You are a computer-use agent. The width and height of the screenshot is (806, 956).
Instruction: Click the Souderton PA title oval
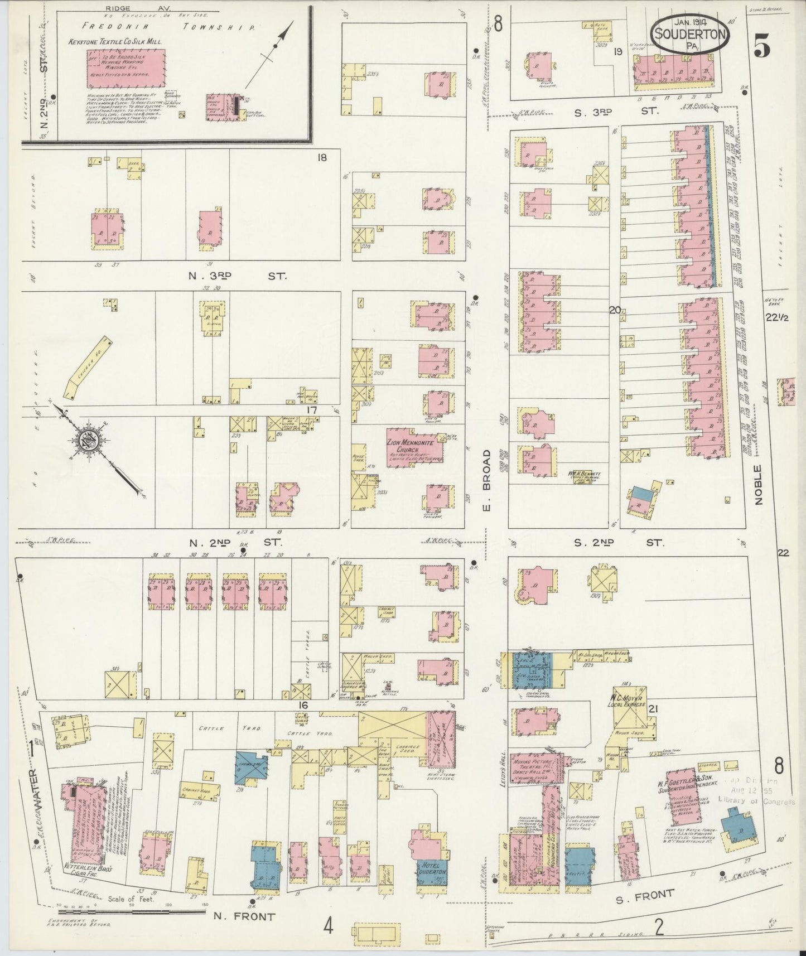coord(691,35)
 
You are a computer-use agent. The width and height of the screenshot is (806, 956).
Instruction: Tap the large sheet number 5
coord(762,48)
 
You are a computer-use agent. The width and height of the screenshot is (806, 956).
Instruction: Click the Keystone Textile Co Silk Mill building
coord(126,68)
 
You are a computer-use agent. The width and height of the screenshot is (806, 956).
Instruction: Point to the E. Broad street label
coord(486,471)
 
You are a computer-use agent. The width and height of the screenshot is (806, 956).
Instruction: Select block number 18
coord(321,158)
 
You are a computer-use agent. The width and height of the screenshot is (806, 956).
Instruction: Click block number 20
coord(615,311)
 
